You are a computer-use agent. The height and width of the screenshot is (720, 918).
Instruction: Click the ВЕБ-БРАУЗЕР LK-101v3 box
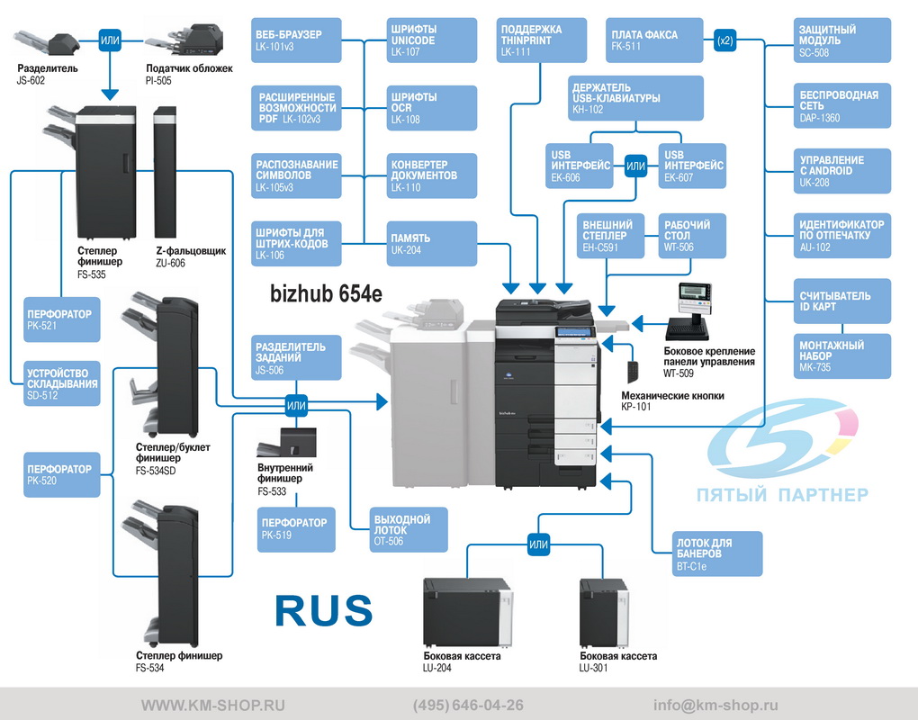[x=296, y=40]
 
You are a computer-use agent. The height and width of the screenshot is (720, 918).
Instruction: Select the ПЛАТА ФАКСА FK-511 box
[x=654, y=40]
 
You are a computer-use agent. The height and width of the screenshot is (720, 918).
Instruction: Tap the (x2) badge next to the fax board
[x=724, y=40]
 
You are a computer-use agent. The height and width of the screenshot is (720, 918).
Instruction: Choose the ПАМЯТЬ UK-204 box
[x=431, y=244]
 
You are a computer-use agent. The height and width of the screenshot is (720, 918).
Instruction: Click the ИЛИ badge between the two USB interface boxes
[x=635, y=166]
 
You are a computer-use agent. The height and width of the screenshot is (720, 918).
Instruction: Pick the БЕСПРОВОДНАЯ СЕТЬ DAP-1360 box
[x=841, y=106]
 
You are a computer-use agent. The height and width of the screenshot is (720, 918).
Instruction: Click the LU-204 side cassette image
[x=468, y=612]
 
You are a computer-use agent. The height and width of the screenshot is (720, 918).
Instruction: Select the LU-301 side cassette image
[x=604, y=612]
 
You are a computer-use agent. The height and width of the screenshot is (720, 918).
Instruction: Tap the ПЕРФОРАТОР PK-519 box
[x=296, y=529]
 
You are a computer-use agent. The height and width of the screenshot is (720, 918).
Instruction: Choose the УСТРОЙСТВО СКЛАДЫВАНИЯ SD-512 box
[x=61, y=383]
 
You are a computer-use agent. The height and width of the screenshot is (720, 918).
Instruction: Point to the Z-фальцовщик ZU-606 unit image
[x=165, y=172]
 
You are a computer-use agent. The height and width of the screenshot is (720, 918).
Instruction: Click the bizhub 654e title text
[x=326, y=293]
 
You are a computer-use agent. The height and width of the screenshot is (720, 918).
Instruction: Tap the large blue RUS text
[x=324, y=610]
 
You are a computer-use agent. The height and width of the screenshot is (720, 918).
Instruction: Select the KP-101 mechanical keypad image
[x=633, y=372]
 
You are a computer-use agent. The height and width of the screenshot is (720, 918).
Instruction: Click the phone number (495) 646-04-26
[x=468, y=705]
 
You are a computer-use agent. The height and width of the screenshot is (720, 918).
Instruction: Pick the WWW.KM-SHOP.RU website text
[x=213, y=705]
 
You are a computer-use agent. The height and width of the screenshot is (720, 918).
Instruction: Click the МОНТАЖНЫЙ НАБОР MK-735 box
[x=841, y=355]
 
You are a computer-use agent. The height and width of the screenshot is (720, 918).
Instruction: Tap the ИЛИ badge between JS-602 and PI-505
[x=110, y=40]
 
